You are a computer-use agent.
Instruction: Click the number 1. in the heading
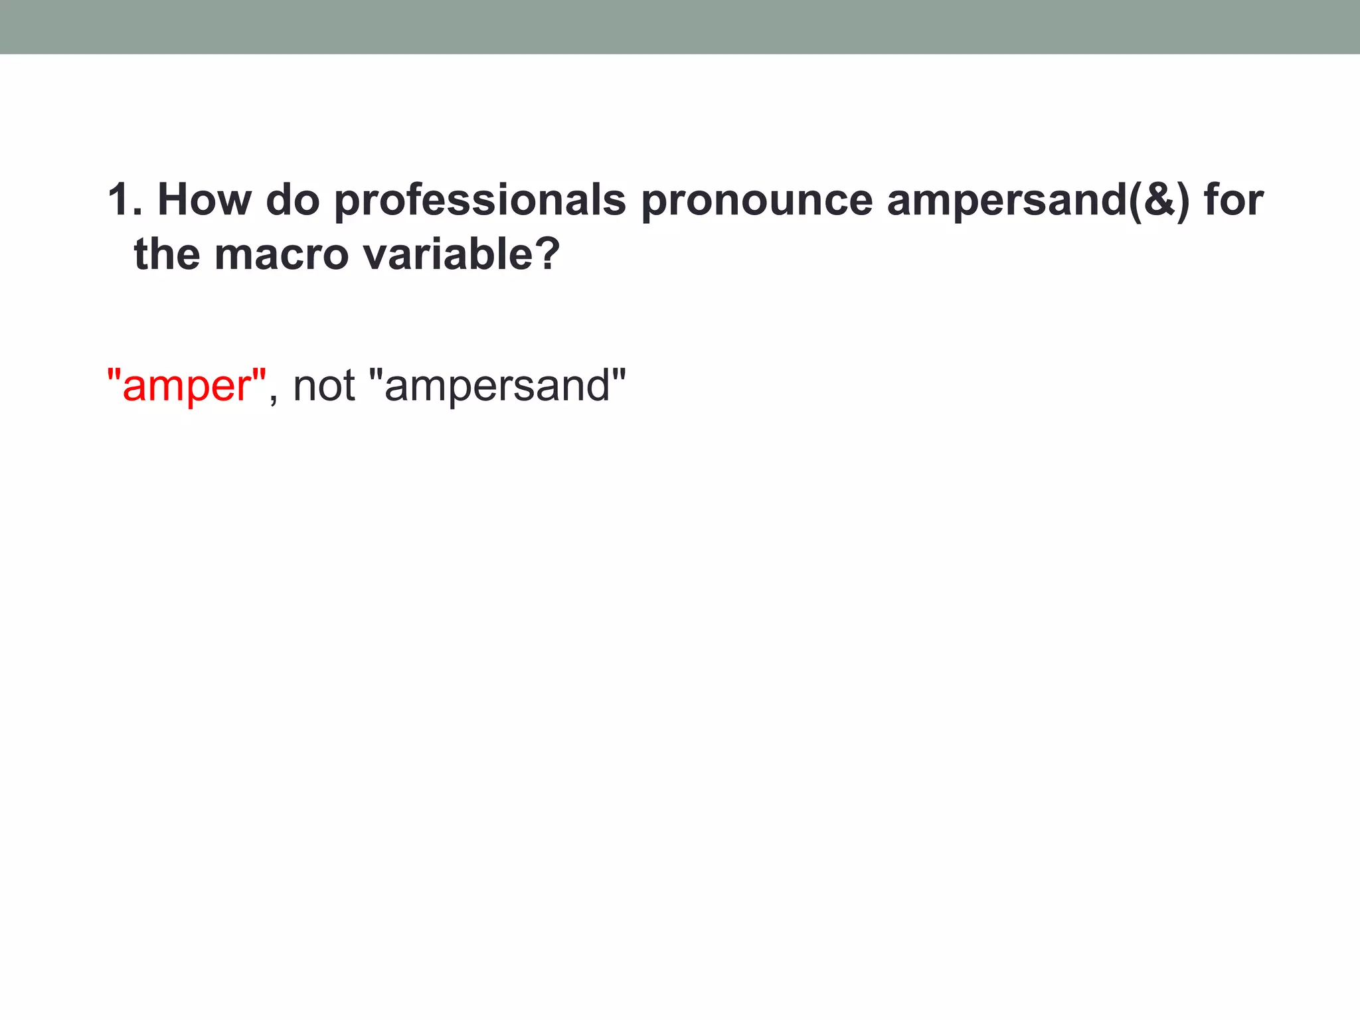(124, 199)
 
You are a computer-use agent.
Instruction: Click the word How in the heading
(205, 199)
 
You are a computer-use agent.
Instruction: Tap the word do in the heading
(293, 199)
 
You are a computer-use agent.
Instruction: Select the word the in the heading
(167, 254)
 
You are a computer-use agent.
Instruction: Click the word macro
(281, 256)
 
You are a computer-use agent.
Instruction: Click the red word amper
(185, 386)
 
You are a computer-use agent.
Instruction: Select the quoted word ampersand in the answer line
(497, 386)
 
